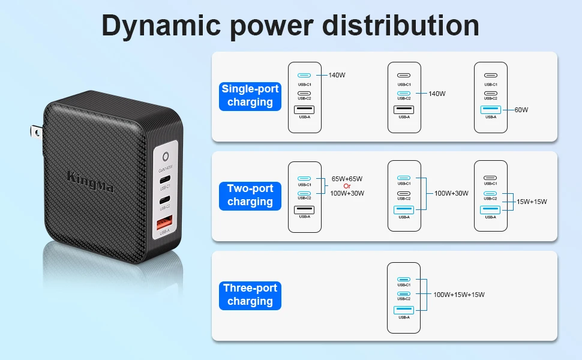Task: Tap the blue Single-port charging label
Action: click(x=250, y=95)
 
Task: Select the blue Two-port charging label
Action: click(x=250, y=195)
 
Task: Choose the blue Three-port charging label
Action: click(x=250, y=295)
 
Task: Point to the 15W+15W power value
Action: click(x=532, y=202)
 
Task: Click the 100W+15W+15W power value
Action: click(x=459, y=295)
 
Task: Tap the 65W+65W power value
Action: click(x=347, y=179)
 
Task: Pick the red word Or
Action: click(x=347, y=186)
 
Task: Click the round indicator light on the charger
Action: click(x=166, y=157)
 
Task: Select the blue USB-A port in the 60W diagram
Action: click(x=491, y=110)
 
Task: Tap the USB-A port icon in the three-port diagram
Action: click(x=404, y=310)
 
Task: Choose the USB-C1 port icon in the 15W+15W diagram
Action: click(x=491, y=178)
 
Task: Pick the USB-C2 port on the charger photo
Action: click(x=165, y=200)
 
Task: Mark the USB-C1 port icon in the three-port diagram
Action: click(x=404, y=280)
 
